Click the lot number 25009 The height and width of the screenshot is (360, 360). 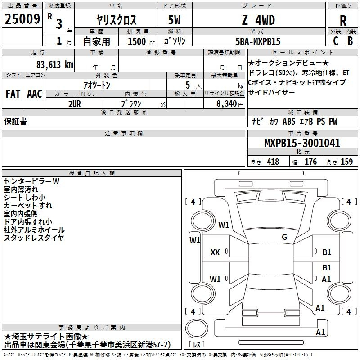[x=22, y=19]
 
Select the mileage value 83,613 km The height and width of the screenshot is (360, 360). [x=55, y=65]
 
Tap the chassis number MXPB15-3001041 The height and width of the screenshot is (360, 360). [x=302, y=143]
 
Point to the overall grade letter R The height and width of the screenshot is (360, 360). [x=343, y=21]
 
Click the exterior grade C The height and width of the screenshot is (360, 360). [x=336, y=41]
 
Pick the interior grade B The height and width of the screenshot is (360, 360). [x=350, y=41]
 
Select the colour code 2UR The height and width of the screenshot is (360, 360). [x=75, y=104]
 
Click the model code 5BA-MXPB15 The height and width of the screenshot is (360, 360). [x=258, y=41]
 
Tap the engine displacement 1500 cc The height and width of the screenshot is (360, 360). [x=141, y=41]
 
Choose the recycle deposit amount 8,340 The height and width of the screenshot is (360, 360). [x=227, y=104]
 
